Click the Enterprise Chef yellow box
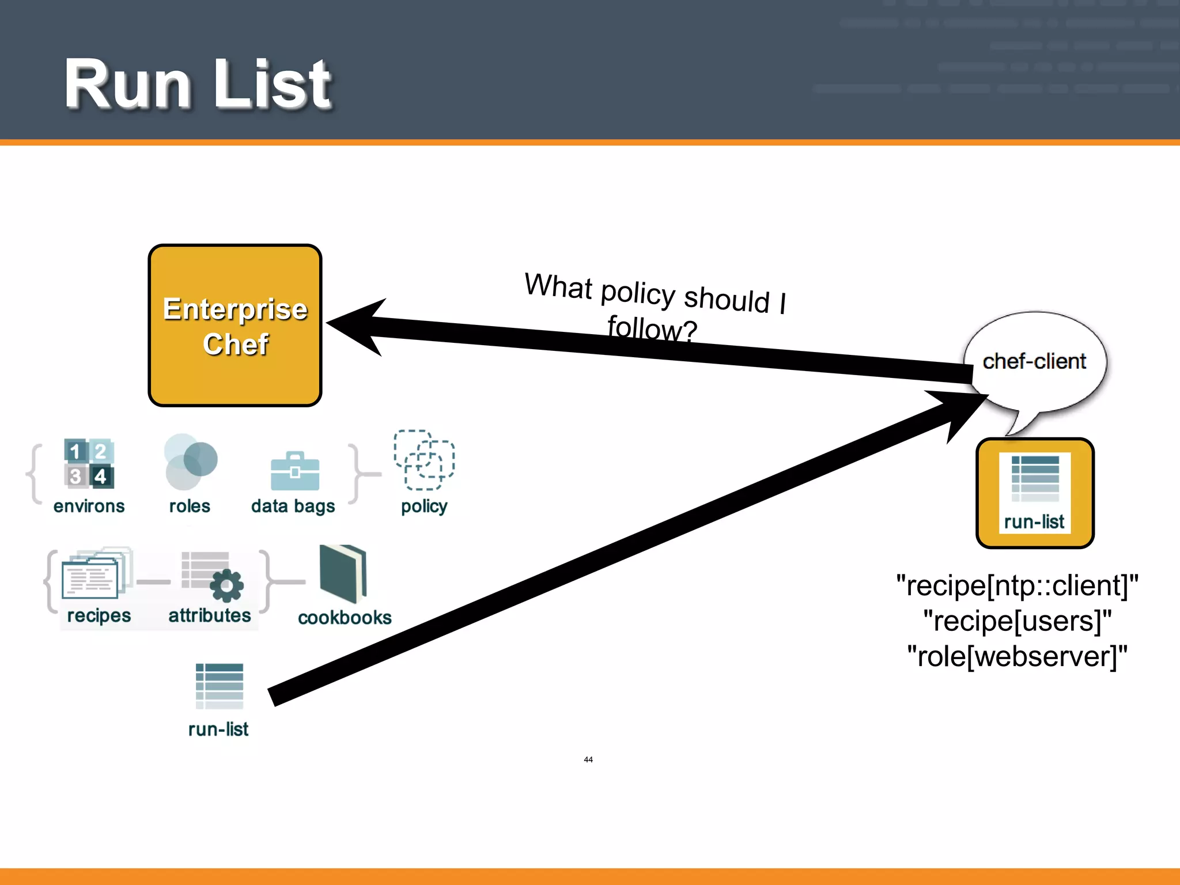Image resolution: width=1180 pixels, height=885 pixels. pyautogui.click(x=235, y=326)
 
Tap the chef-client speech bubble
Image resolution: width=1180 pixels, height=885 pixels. pyautogui.click(x=1035, y=361)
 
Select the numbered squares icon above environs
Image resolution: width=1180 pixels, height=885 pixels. pyautogui.click(x=89, y=464)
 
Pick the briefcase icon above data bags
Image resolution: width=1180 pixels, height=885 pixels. pyautogui.click(x=294, y=471)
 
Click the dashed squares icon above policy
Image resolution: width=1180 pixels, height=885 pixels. pyautogui.click(x=424, y=460)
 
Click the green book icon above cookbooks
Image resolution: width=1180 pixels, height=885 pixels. pyautogui.click(x=343, y=573)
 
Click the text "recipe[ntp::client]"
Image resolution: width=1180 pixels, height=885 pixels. pyautogui.click(x=1017, y=585)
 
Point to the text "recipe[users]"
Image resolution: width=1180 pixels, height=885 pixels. pyautogui.click(x=1017, y=621)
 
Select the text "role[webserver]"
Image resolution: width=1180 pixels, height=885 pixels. pyautogui.click(x=1017, y=656)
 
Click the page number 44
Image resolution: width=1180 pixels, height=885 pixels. pyautogui.click(x=588, y=759)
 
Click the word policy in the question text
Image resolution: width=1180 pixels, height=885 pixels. pyautogui.click(x=637, y=292)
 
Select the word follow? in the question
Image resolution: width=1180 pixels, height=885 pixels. pyautogui.click(x=652, y=328)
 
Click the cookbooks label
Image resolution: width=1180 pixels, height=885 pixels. pyautogui.click(x=345, y=618)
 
